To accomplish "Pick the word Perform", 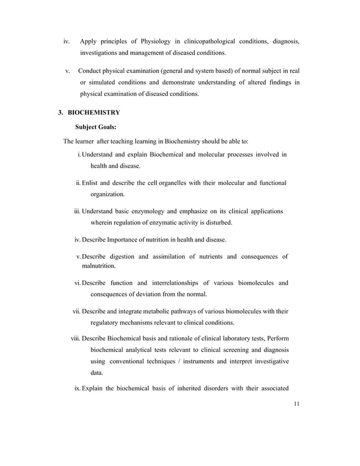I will pos(276,338).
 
